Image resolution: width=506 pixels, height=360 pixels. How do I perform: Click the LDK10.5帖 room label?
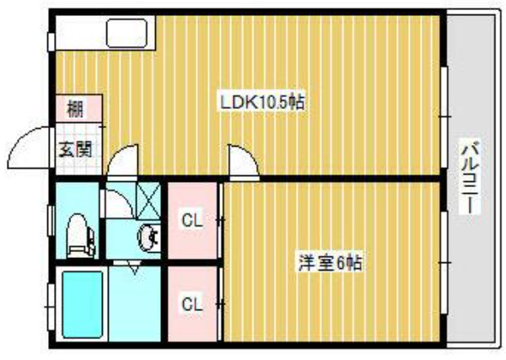[x=262, y=102]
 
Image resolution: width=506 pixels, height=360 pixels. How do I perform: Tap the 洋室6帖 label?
[x=330, y=263]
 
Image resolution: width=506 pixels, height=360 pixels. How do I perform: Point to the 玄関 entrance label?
[x=76, y=149]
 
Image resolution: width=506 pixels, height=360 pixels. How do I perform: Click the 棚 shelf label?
[x=75, y=109]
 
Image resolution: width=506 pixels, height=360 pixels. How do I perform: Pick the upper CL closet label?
[x=192, y=221]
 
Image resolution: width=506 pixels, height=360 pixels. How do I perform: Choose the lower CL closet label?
[x=192, y=304]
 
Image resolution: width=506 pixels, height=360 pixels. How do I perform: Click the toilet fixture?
[x=80, y=236]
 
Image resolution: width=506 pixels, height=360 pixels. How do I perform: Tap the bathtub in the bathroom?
[x=83, y=304]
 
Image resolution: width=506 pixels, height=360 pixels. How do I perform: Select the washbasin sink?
[x=148, y=238]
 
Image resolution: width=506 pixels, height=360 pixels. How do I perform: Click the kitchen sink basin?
[x=126, y=33]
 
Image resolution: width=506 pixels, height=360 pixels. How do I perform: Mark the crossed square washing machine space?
[x=148, y=201]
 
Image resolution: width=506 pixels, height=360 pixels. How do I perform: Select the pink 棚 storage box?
[x=78, y=109]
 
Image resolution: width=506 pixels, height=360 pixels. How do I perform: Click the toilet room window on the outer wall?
[x=51, y=221]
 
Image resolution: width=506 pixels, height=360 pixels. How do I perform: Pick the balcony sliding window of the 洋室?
[x=444, y=262]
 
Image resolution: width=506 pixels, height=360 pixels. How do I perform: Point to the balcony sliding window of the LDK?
[x=444, y=117]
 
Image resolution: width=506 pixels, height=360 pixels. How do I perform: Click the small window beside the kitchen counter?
[x=51, y=41]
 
